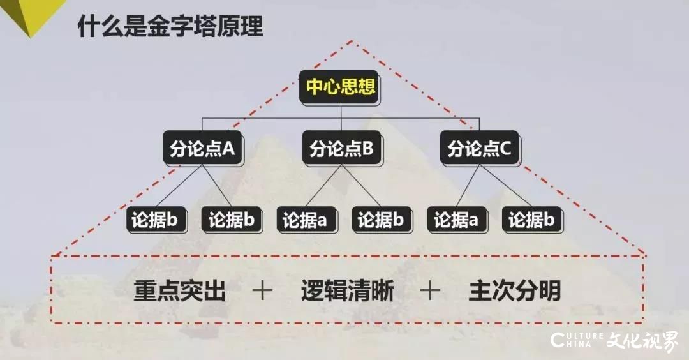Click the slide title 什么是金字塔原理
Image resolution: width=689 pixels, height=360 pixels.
click(x=170, y=26)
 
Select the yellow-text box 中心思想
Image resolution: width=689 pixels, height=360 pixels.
click(x=340, y=87)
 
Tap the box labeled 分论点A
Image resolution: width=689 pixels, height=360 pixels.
click(x=203, y=148)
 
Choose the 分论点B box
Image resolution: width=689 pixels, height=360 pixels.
click(x=341, y=148)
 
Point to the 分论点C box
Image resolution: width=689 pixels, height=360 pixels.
click(x=479, y=148)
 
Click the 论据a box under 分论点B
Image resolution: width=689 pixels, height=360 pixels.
click(x=307, y=220)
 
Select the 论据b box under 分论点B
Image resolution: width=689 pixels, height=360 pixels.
click(x=382, y=220)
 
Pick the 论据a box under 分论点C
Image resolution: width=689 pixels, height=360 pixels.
click(x=457, y=220)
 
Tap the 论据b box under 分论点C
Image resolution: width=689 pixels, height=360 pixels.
click(x=532, y=220)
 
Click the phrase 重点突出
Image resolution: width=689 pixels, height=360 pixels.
click(x=180, y=291)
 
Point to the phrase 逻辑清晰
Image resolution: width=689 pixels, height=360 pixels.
click(x=347, y=291)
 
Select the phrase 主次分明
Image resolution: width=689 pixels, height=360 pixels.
click(x=515, y=291)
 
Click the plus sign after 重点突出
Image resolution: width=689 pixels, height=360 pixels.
click(x=262, y=291)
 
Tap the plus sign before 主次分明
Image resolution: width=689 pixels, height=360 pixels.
click(x=430, y=291)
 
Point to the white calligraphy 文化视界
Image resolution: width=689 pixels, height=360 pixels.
click(x=642, y=341)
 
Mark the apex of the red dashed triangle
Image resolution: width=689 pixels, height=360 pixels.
click(x=352, y=41)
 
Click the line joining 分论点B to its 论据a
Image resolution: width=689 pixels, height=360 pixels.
click(x=324, y=186)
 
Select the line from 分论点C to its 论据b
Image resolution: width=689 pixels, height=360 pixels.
click(x=505, y=186)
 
